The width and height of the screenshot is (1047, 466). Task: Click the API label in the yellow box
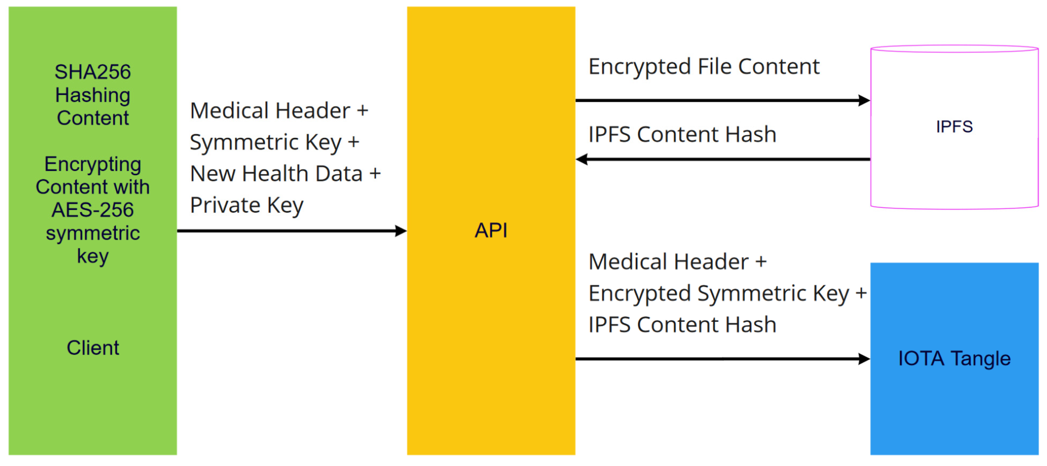[x=491, y=231]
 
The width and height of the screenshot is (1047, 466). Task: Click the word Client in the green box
[x=93, y=348]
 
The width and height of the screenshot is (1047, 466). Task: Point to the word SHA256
[x=93, y=72]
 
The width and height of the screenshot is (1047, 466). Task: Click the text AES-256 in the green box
[x=93, y=210]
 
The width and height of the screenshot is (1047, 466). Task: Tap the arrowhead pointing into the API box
[x=401, y=231]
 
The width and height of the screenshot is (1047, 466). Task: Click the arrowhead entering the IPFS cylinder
[x=864, y=100]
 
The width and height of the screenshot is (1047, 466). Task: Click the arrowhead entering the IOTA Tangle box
[x=864, y=359]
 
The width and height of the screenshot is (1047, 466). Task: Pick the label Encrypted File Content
[x=704, y=67]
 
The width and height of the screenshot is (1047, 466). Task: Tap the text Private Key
[x=247, y=205]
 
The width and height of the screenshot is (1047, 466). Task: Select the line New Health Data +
[x=285, y=174]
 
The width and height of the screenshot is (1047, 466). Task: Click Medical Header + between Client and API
[x=279, y=111]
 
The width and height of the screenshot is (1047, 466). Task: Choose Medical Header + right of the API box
[x=677, y=262]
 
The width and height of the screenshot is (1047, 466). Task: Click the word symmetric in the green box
[x=93, y=233]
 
